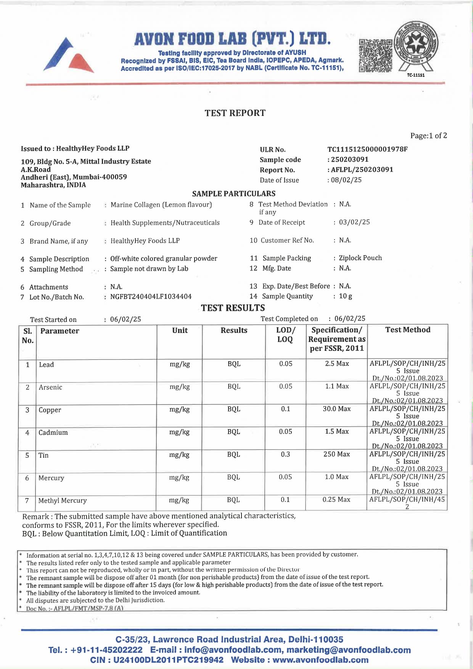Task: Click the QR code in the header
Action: click(x=375, y=55)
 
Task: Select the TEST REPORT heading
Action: click(x=235, y=113)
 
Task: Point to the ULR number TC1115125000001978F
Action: click(x=367, y=149)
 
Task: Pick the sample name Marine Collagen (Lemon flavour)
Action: click(x=161, y=205)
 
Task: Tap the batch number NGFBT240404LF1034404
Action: click(x=151, y=296)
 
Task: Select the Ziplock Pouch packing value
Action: click(x=360, y=258)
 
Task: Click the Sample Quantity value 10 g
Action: click(x=345, y=296)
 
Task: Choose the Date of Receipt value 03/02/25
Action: click(x=354, y=222)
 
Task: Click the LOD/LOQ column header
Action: click(x=285, y=334)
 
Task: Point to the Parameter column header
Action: click(x=60, y=331)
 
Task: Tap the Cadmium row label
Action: click(x=53, y=433)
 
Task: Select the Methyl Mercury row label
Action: click(x=63, y=500)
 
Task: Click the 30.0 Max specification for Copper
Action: click(x=336, y=409)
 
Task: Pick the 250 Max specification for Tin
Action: click(x=336, y=454)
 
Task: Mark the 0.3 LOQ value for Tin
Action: click(x=285, y=454)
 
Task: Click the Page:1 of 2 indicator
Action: click(x=428, y=135)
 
